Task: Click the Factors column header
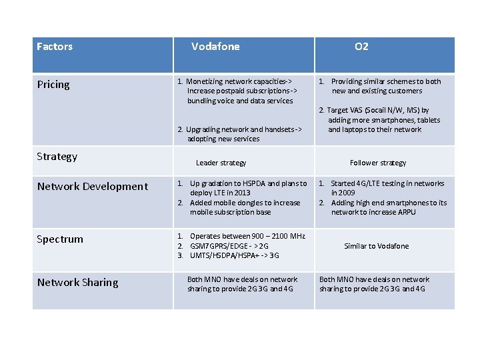[x=55, y=47]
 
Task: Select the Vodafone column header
[x=215, y=47]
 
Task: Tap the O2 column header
[x=361, y=47]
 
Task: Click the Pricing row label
[x=53, y=85]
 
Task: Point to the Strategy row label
[x=57, y=157]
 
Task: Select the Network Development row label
[x=93, y=187]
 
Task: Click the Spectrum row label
[x=61, y=239]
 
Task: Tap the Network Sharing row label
[x=78, y=283]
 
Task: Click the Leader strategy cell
[x=221, y=163]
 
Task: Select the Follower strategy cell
[x=378, y=163]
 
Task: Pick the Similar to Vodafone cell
[x=377, y=246]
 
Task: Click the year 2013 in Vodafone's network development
[x=242, y=193]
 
